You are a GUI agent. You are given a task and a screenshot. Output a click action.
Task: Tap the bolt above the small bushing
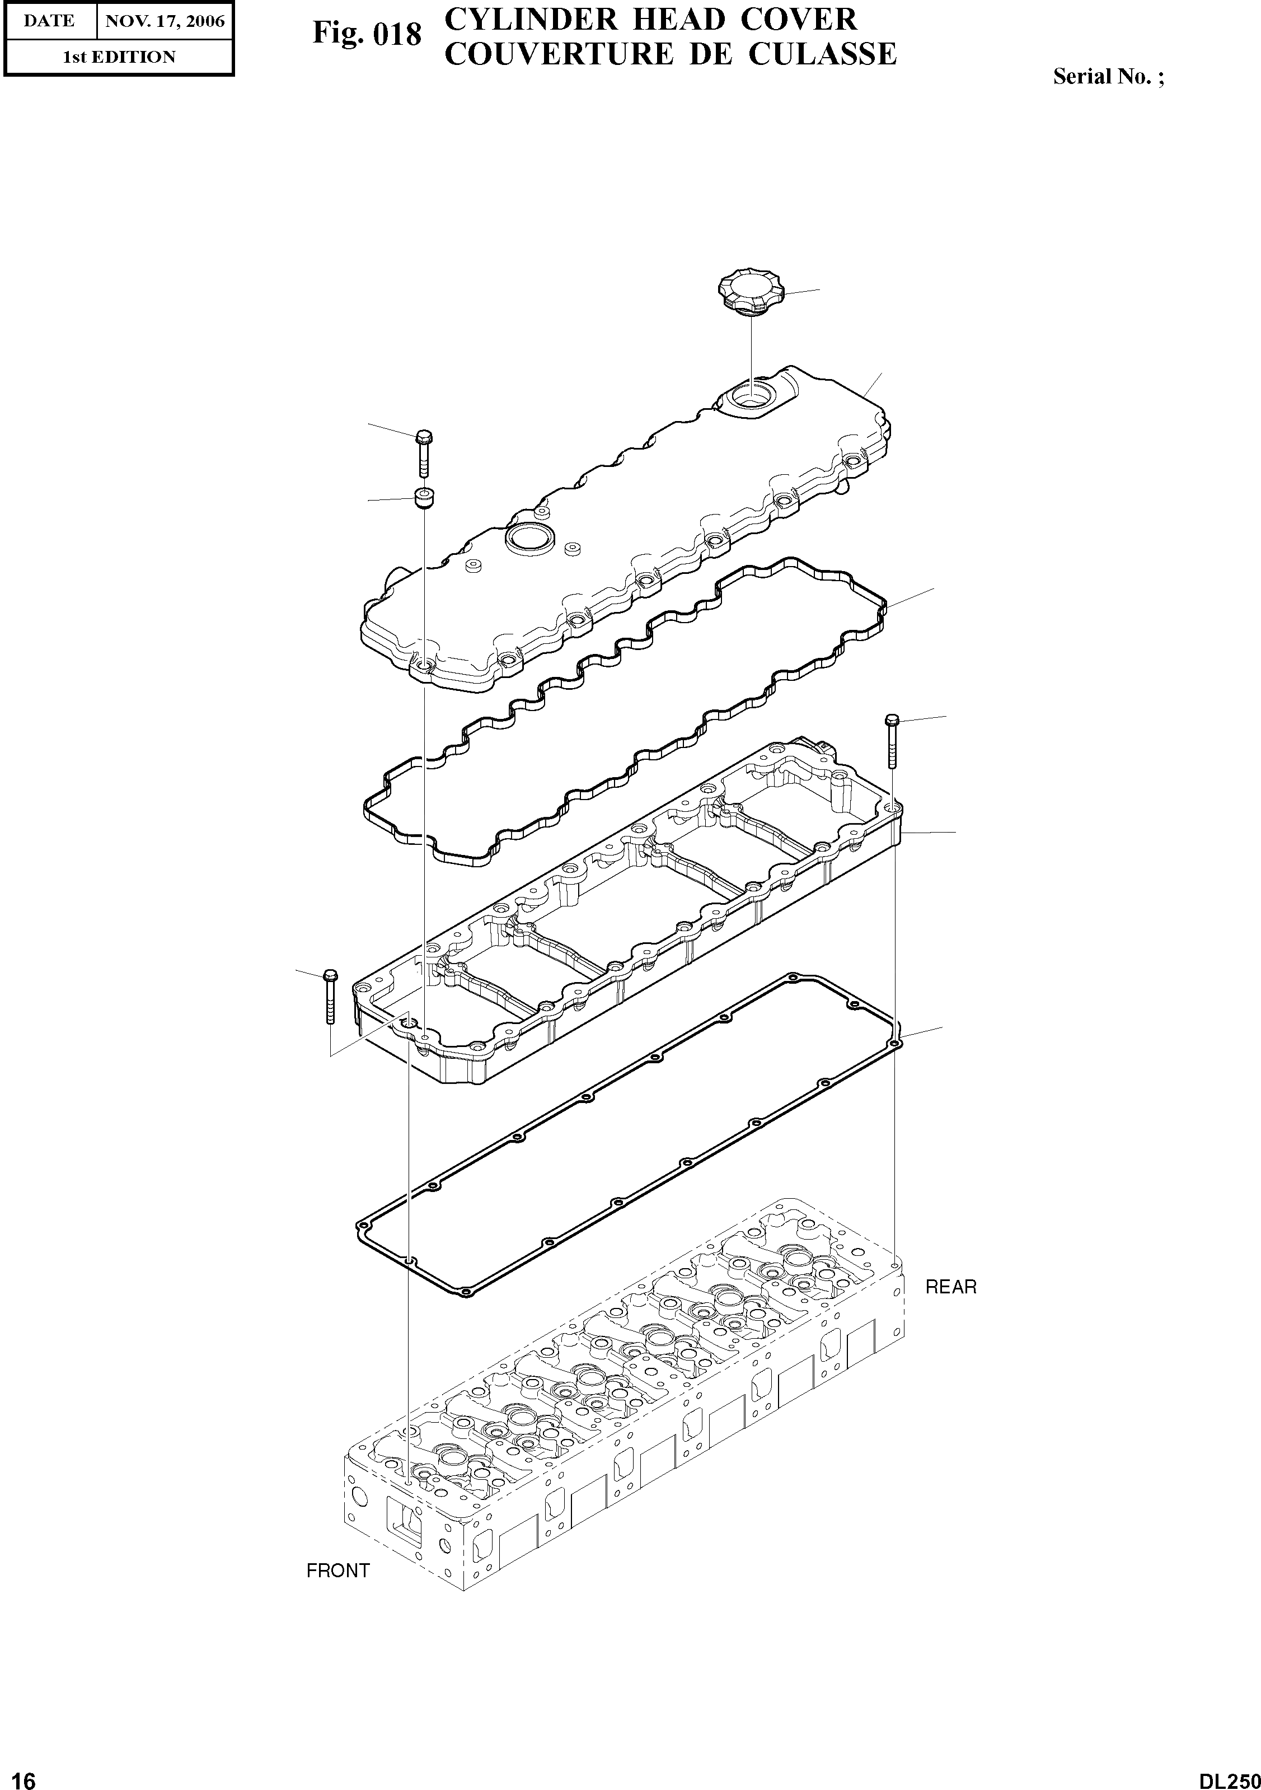point(424,452)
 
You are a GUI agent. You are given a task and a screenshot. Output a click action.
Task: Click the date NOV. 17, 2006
point(165,21)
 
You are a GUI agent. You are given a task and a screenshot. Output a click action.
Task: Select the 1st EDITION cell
point(119,57)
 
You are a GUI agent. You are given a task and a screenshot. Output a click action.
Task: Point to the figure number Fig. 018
point(366,34)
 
